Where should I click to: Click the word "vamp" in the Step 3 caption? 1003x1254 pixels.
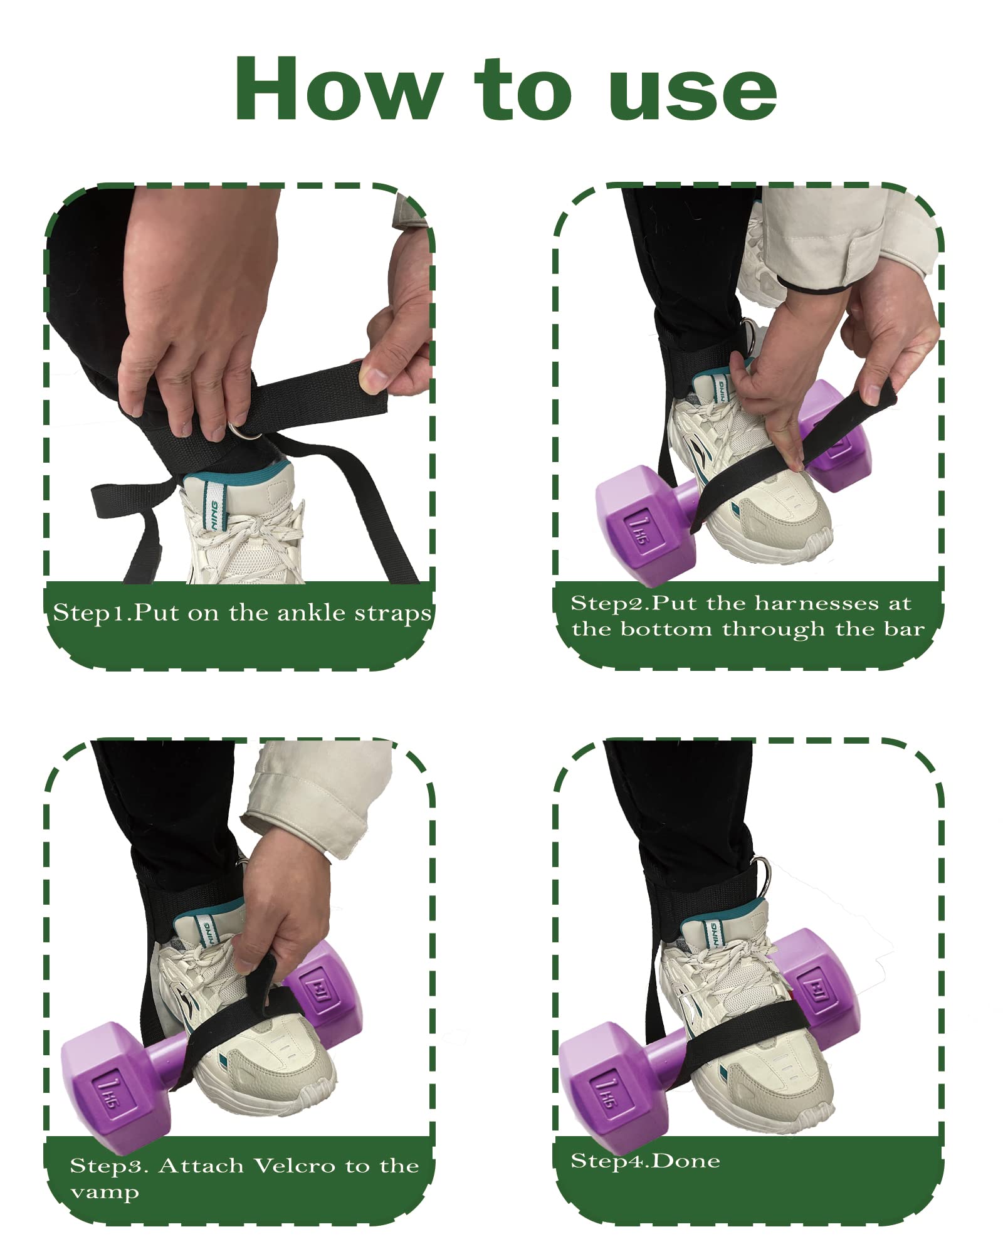[105, 1193]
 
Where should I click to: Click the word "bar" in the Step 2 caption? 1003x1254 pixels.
[906, 629]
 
